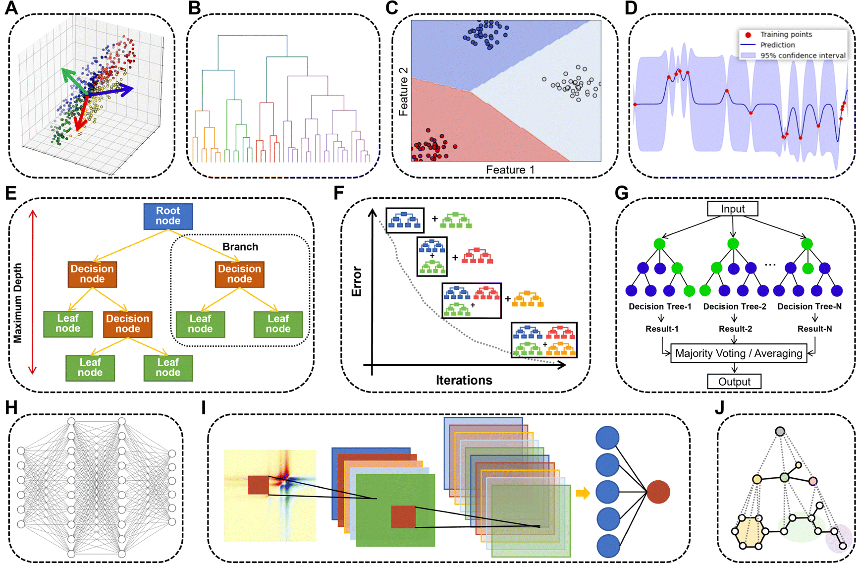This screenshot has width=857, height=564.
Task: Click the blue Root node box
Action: [168, 216]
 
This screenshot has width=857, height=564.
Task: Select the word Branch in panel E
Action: [240, 247]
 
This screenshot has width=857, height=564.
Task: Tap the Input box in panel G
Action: [733, 209]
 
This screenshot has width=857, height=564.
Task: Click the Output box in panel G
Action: [734, 382]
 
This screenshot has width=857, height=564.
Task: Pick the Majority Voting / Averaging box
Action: [738, 353]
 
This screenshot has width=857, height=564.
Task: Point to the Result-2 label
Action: [735, 329]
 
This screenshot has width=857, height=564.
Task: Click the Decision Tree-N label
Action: [809, 306]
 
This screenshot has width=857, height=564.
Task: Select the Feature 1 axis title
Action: [510, 170]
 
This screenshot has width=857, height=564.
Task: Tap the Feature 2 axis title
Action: [404, 92]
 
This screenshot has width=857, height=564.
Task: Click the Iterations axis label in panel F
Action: [464, 380]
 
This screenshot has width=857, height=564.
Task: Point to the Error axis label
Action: [357, 282]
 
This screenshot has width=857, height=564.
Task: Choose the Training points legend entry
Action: [786, 34]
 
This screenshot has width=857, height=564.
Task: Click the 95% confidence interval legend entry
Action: [803, 56]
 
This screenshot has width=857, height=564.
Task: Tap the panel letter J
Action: [719, 407]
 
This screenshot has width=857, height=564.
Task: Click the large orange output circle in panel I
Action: [658, 492]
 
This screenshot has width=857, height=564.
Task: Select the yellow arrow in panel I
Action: [583, 493]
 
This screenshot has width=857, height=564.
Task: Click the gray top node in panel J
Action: [780, 431]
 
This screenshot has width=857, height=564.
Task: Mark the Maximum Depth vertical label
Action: [18, 303]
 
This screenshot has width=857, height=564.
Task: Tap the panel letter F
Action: [339, 192]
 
